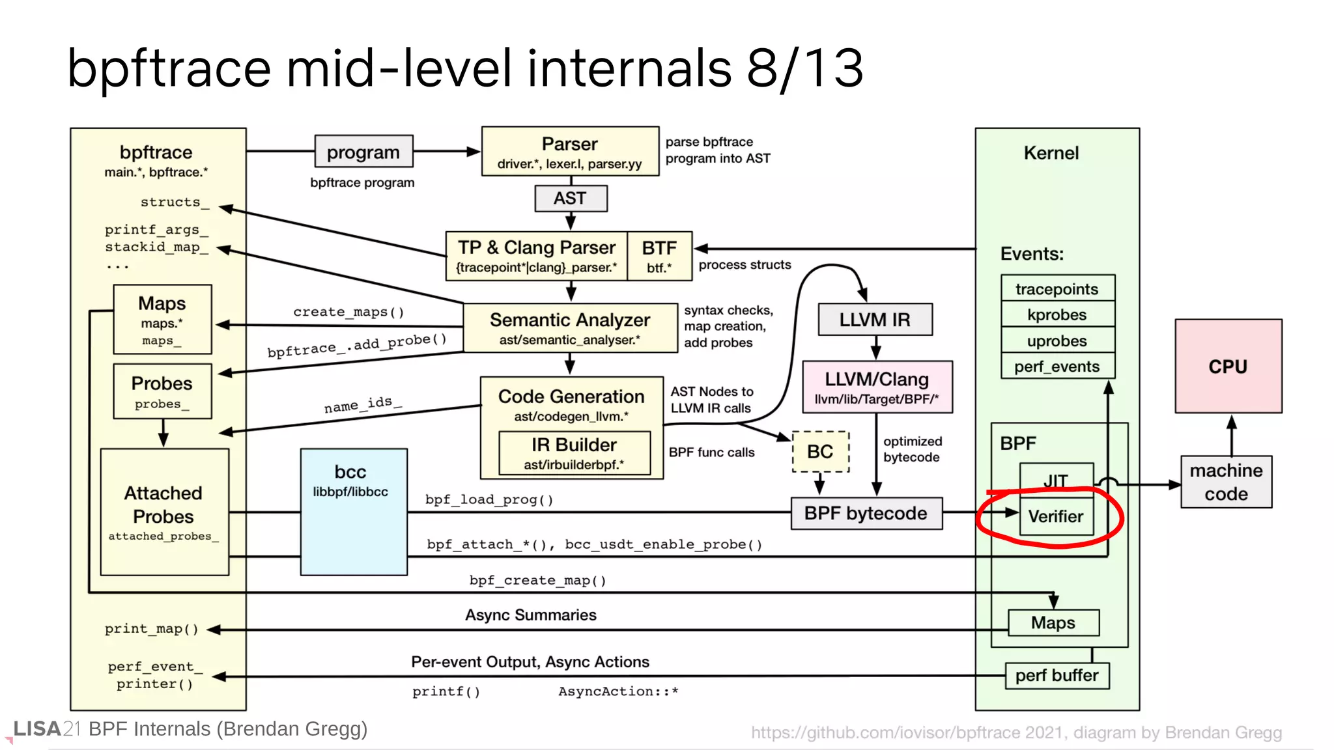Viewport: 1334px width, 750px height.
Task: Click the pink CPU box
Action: click(x=1228, y=366)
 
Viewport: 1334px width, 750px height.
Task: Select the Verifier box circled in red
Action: click(x=1055, y=516)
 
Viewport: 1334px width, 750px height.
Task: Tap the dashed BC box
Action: click(x=820, y=451)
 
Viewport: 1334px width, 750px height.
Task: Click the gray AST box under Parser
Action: click(x=570, y=198)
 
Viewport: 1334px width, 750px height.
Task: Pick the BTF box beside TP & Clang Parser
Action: click(x=659, y=256)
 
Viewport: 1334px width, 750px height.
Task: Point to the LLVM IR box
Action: click(x=874, y=320)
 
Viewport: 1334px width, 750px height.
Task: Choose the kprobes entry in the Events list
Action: click(x=1057, y=314)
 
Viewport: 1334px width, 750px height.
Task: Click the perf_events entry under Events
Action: click(x=1057, y=367)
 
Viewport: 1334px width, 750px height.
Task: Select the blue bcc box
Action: click(x=353, y=512)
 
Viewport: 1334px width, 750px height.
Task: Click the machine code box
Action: click(x=1226, y=482)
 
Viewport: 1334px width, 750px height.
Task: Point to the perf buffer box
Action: click(x=1057, y=676)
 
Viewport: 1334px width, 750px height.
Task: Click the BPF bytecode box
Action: click(x=866, y=513)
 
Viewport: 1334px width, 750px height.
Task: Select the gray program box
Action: click(x=363, y=152)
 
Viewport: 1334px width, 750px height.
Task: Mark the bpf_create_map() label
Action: click(x=538, y=580)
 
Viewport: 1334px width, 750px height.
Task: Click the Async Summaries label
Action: click(x=530, y=615)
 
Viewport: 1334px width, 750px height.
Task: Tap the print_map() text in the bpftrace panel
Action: click(x=151, y=629)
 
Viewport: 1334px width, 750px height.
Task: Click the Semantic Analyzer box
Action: click(x=570, y=327)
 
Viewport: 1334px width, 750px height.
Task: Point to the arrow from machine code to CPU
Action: click(x=1231, y=436)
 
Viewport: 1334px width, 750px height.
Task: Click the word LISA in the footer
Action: click(x=37, y=729)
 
